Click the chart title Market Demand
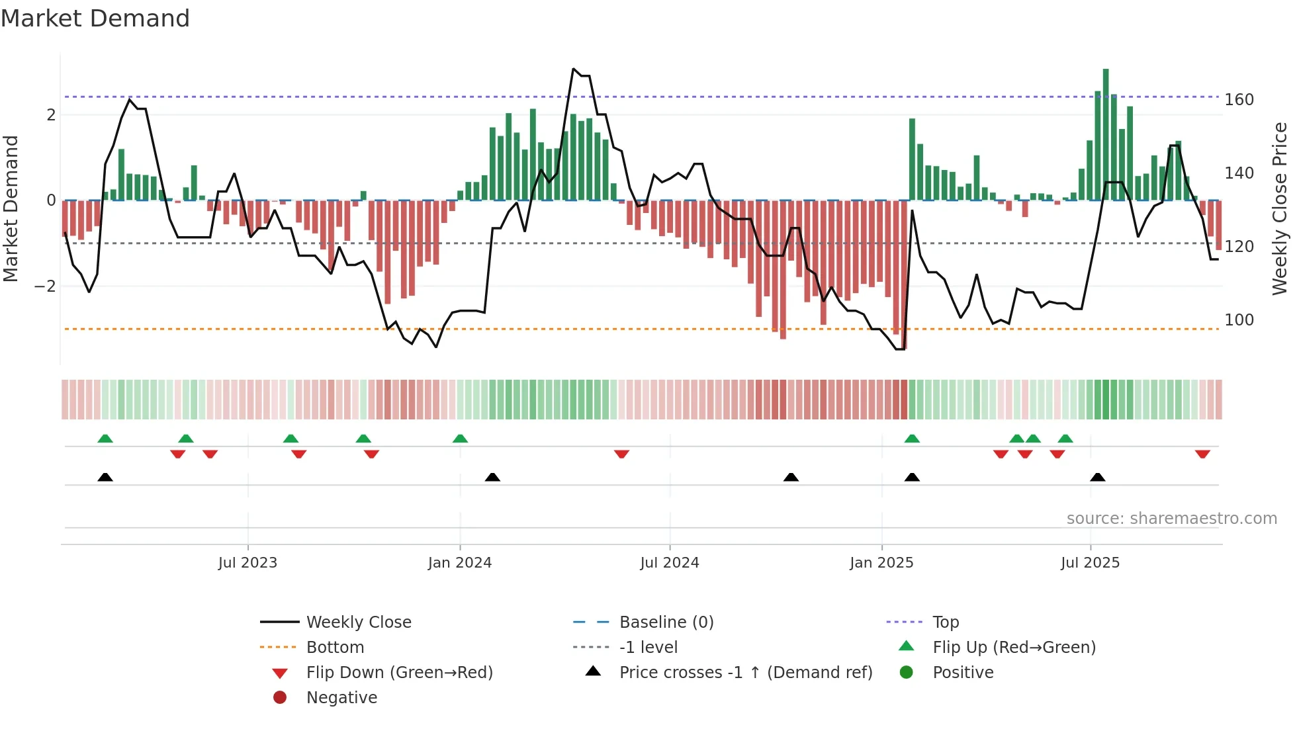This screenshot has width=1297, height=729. click(95, 18)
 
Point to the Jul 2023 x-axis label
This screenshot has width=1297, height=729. click(247, 563)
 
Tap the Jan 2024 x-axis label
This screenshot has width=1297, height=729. click(459, 563)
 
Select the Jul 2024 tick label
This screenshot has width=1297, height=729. click(669, 563)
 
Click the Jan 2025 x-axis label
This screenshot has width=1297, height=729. click(881, 563)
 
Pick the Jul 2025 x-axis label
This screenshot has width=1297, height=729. click(1090, 563)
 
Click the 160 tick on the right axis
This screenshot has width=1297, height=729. click(1239, 100)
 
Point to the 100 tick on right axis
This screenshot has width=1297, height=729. click(1239, 320)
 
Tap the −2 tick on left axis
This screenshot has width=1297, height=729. click(45, 286)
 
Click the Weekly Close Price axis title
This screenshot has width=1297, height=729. click(1280, 208)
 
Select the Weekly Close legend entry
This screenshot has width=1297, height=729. click(358, 622)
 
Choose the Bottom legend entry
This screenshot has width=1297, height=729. click(335, 648)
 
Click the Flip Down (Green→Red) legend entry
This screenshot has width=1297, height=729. click(399, 673)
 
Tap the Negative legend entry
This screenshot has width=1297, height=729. click(341, 698)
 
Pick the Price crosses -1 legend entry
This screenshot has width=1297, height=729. click(745, 673)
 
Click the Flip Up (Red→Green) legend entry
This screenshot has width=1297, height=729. click(1014, 648)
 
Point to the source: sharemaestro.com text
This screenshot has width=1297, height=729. click(1171, 519)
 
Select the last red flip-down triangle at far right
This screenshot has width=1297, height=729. click(1202, 454)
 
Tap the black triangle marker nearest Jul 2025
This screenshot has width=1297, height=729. click(1097, 478)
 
